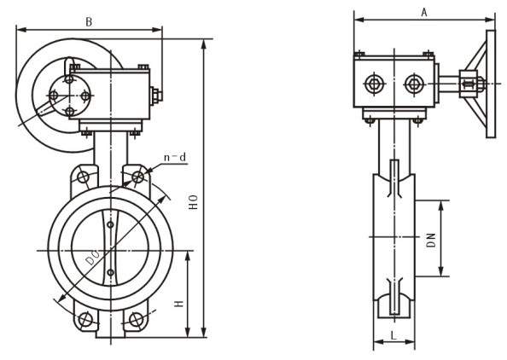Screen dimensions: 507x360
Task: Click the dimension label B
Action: coord(89,22)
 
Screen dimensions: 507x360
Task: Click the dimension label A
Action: coord(424,12)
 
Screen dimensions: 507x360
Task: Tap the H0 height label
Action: coord(193,202)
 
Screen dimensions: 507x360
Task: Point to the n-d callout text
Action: coord(175,157)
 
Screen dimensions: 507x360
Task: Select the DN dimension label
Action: coord(431,240)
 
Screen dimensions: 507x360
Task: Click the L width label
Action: coord(393,335)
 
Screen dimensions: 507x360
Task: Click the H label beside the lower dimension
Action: coord(178,304)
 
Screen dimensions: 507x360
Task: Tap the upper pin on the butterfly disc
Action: coord(111,224)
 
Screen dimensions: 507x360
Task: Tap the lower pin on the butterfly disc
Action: coord(111,272)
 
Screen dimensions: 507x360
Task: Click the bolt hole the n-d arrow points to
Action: coord(138,177)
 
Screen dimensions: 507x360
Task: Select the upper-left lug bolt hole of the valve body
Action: coord(83,177)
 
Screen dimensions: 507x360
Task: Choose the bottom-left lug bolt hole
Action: coord(85,319)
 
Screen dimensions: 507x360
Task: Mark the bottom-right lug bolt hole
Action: coord(136,319)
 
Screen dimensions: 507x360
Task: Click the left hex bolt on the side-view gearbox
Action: coord(375,84)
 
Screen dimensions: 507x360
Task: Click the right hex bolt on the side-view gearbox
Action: coord(414,84)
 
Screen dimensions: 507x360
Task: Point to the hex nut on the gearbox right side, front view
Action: coord(156,96)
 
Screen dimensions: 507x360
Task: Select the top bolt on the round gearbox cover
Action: coord(69,79)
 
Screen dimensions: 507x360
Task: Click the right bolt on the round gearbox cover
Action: coord(85,96)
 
